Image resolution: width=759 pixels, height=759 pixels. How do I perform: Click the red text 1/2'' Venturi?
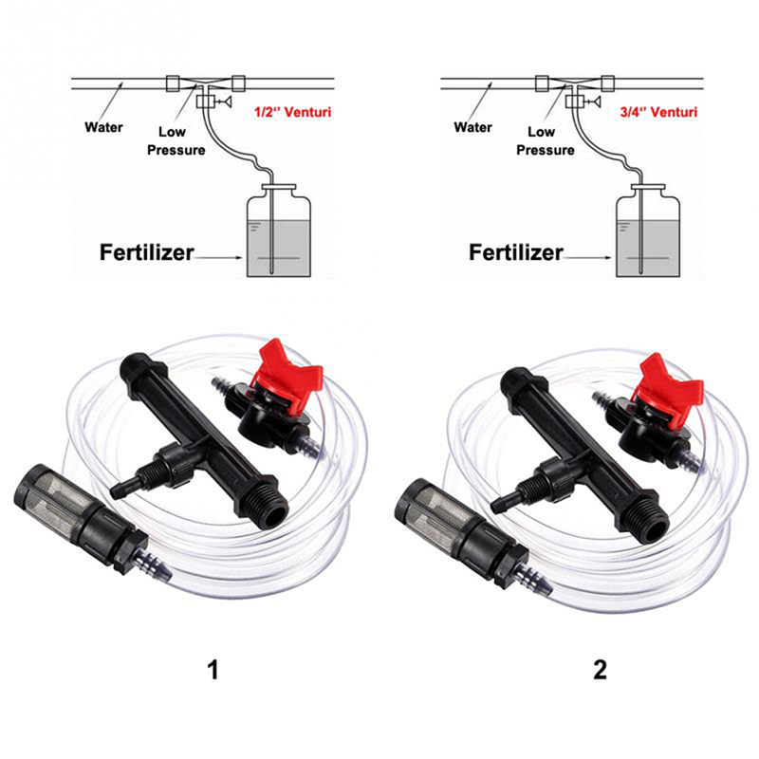coord(293,112)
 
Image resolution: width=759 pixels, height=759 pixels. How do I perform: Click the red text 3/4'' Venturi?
coord(658,112)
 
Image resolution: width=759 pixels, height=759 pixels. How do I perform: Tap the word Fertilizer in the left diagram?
coord(147,252)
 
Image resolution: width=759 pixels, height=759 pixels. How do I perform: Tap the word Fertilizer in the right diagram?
coord(516,252)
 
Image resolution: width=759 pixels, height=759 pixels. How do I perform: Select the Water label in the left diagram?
coord(103,127)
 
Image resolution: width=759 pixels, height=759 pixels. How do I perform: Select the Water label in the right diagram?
coord(472,127)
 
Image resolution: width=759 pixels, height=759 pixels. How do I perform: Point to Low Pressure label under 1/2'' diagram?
coord(176,140)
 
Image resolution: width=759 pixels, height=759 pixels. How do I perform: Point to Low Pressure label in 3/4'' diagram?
coord(546,140)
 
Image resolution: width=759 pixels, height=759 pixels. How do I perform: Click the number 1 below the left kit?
coord(213,671)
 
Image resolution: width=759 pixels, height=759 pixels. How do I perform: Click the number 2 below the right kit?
coord(600,671)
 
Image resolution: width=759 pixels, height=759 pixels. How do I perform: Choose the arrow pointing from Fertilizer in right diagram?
coord(587,257)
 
